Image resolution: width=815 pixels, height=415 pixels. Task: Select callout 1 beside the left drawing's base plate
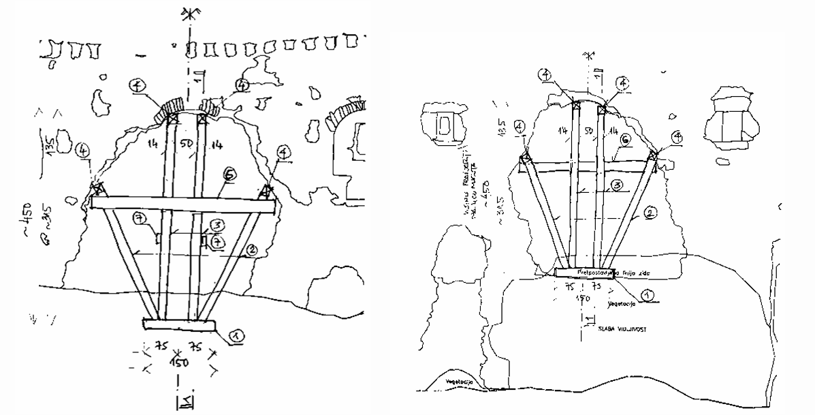[236, 335]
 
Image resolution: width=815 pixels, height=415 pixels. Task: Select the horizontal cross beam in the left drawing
[183, 203]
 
